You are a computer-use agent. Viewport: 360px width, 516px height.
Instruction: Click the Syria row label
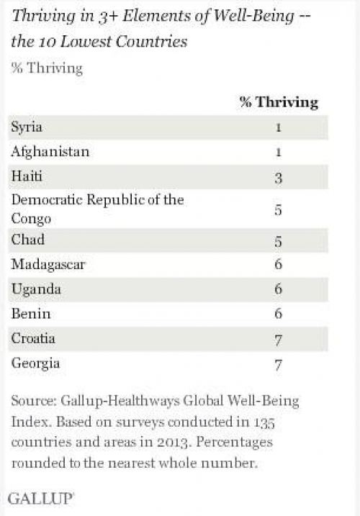click(x=27, y=127)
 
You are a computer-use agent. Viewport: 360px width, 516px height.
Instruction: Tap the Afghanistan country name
click(x=50, y=152)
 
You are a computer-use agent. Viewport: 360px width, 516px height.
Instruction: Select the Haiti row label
click(x=27, y=176)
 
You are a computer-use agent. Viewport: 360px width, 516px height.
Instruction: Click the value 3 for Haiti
click(x=279, y=178)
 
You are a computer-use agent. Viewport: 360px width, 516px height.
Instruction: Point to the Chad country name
click(x=28, y=239)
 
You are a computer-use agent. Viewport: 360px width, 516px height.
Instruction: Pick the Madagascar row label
click(x=48, y=264)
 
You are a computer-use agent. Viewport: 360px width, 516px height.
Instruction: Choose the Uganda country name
click(x=36, y=289)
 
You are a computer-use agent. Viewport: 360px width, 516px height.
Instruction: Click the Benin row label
click(x=31, y=314)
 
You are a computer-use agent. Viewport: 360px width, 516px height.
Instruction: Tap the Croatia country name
click(x=33, y=338)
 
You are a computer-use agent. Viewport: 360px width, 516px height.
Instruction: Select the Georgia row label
click(x=35, y=364)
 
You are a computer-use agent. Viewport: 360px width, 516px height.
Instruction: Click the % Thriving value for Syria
click(x=279, y=127)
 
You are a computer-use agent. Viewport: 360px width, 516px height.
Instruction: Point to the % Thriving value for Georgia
click(x=279, y=365)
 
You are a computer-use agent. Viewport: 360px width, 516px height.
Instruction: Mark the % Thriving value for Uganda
click(x=279, y=289)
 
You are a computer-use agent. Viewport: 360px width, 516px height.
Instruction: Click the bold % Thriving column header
click(x=279, y=102)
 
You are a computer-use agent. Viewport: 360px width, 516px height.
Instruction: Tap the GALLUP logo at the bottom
click(x=40, y=499)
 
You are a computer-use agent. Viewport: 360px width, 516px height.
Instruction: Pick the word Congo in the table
click(x=31, y=219)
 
